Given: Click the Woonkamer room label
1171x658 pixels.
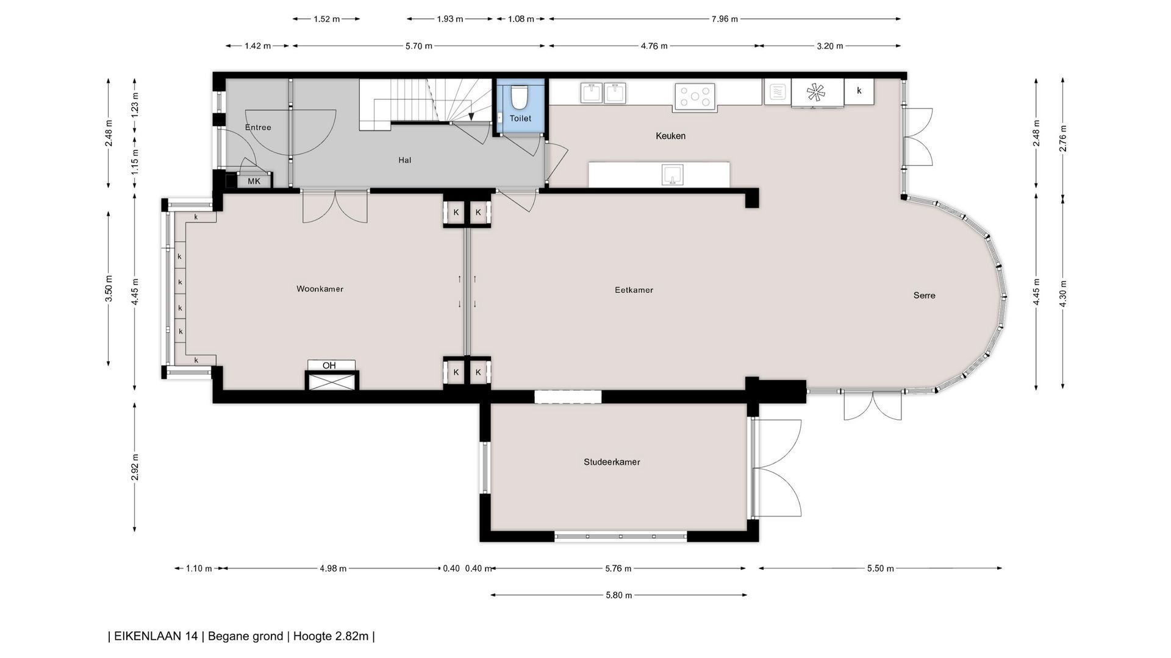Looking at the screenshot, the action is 320,289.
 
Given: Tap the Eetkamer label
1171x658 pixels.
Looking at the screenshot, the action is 634,290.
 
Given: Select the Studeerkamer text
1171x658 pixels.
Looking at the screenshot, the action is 612,462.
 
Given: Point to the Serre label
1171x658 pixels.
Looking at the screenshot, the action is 924,295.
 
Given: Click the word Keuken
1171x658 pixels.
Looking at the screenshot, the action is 670,136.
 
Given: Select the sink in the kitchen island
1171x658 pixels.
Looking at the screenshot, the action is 672,175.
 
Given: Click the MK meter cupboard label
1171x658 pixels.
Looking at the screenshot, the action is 254,181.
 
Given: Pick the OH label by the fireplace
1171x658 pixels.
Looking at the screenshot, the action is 329,366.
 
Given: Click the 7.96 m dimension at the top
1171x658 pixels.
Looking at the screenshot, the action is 725,19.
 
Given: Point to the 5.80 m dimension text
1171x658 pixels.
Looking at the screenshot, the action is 618,595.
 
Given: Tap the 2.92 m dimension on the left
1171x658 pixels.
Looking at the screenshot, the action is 135,467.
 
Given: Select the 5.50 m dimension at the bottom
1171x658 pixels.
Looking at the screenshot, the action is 880,568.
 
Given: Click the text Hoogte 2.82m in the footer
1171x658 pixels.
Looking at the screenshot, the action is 331,636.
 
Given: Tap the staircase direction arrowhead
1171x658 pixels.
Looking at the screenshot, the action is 471,116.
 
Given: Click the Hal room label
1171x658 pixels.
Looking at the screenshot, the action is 404,160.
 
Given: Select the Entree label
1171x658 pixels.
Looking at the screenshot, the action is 258,127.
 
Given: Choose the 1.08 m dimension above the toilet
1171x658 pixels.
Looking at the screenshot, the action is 521,19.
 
